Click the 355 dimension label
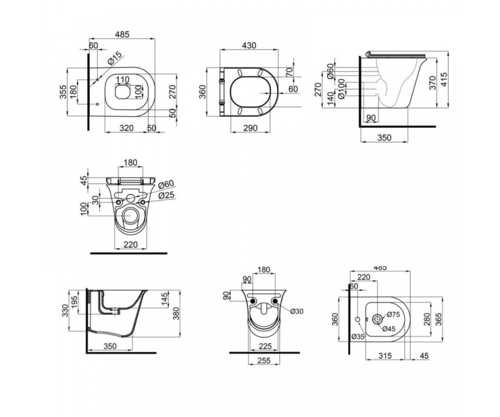63,92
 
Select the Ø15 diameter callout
115,58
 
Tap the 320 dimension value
126,128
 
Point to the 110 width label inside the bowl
122,79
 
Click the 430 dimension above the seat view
249,45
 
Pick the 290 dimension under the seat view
250,128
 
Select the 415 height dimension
444,80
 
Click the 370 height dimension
432,83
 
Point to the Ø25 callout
166,196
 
